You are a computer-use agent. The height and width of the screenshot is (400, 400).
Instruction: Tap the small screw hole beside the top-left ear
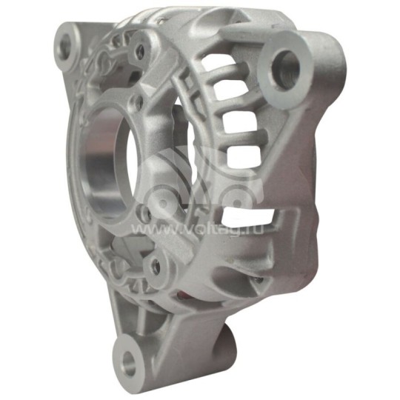click(x=138, y=52)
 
